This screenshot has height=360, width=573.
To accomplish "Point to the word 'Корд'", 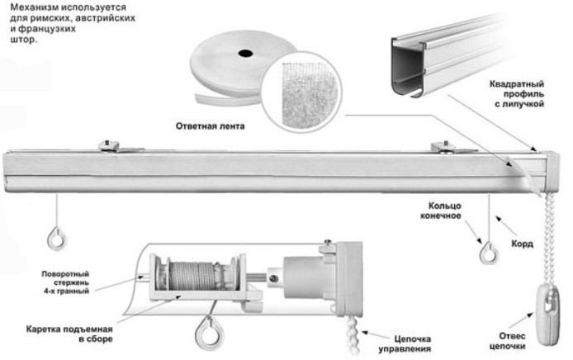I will coord(522,244).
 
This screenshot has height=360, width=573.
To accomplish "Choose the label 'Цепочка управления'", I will coord(412,341).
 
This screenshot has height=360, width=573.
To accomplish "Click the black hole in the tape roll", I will coord(245,54).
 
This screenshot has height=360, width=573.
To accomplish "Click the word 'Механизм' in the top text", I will coord(27,7).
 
